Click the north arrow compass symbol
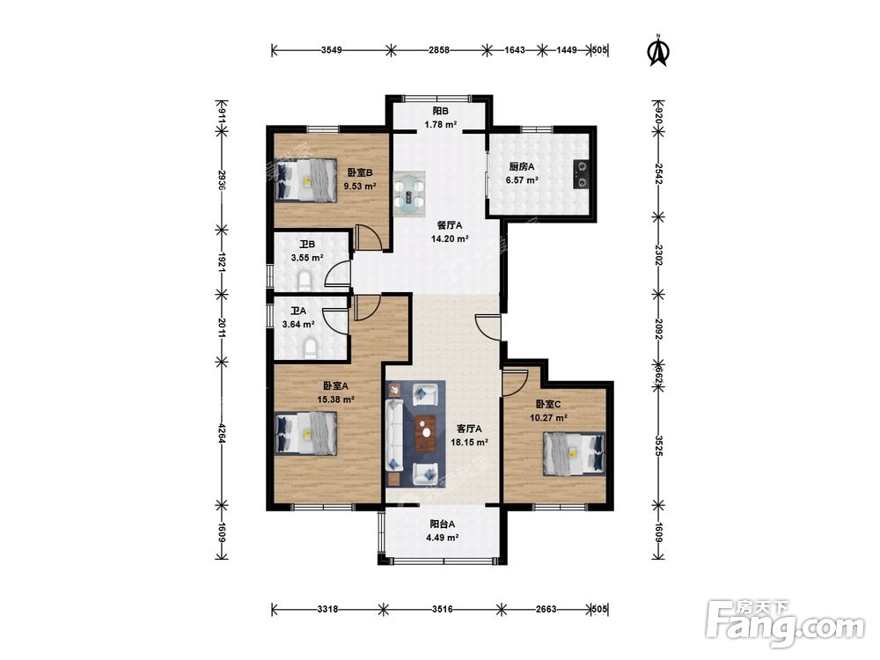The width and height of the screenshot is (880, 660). pyautogui.click(x=659, y=51)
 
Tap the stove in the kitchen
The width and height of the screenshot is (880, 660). pyautogui.click(x=580, y=173)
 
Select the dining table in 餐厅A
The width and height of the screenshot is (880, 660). pyautogui.click(x=410, y=194)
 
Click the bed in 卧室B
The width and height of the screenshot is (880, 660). pyautogui.click(x=305, y=180)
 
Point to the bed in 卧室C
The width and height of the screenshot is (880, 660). pyautogui.click(x=574, y=453)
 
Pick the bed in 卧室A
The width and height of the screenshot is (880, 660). pyautogui.click(x=306, y=433)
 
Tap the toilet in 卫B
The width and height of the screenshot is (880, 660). pyautogui.click(x=304, y=281)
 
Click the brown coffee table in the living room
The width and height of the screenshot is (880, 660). pyautogui.click(x=426, y=433)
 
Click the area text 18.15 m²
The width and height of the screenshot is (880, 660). pyautogui.click(x=469, y=443)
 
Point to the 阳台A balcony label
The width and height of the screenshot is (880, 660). pyautogui.click(x=443, y=524)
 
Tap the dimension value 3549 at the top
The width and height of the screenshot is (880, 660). pyautogui.click(x=332, y=50)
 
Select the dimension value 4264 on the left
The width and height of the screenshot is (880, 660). pyautogui.click(x=223, y=433)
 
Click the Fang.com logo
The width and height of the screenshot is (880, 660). pyautogui.click(x=785, y=623)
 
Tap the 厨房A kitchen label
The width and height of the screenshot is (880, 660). pyautogui.click(x=522, y=166)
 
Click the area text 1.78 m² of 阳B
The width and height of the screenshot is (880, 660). pyautogui.click(x=440, y=125)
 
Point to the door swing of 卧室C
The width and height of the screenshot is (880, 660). pyautogui.click(x=515, y=382)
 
